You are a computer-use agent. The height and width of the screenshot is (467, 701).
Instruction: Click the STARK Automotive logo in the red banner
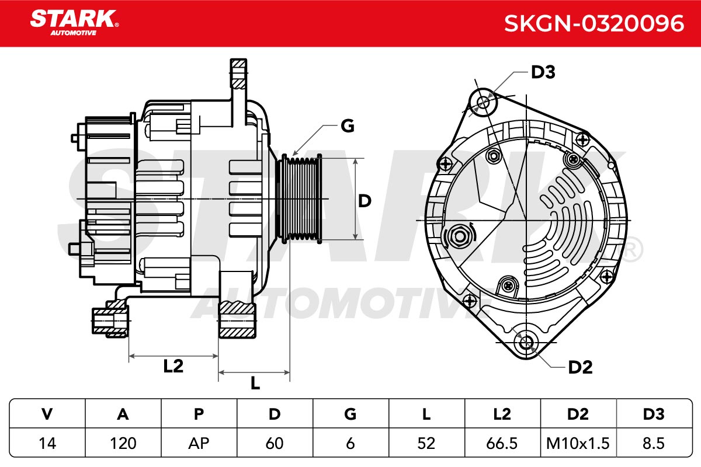click(x=74, y=23)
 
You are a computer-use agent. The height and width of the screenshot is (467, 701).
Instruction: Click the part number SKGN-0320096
click(x=594, y=23)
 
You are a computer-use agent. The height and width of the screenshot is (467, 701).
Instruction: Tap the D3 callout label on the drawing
click(x=543, y=72)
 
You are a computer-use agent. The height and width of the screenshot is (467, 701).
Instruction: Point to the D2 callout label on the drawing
click(x=580, y=367)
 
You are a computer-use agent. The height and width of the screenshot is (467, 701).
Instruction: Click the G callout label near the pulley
click(x=348, y=126)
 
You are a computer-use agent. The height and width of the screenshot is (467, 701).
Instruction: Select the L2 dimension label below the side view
click(x=173, y=366)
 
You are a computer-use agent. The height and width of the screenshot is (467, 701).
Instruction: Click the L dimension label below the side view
click(x=255, y=382)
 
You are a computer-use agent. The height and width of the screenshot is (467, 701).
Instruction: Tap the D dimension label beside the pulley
click(x=365, y=201)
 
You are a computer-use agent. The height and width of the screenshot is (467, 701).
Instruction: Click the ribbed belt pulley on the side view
click(x=299, y=199)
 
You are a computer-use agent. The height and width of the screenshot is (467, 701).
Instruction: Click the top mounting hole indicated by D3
click(x=484, y=102)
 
